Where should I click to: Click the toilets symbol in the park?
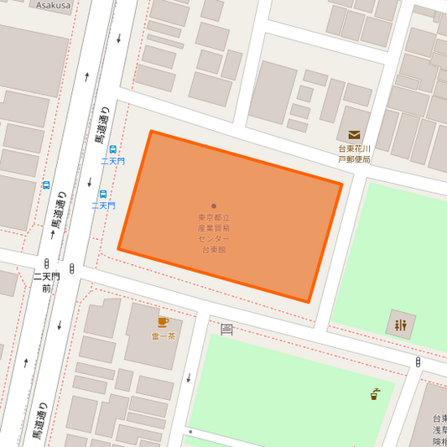click(400, 325)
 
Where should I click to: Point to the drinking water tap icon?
click(375, 393)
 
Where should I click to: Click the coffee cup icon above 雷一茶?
click(164, 322)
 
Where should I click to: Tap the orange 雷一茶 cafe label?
click(164, 336)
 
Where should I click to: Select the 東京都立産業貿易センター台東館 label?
click(213, 233)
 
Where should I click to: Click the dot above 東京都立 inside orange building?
click(214, 205)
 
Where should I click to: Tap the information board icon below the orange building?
click(226, 330)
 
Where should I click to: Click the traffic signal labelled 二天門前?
click(72, 268)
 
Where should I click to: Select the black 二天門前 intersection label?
click(47, 282)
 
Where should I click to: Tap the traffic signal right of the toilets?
click(418, 361)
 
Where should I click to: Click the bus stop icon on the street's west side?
click(46, 184)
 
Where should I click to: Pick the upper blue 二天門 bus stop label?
click(112, 160)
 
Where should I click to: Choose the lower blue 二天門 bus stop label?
click(103, 205)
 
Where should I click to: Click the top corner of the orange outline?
click(151, 131)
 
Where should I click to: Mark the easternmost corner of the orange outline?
click(342, 184)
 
